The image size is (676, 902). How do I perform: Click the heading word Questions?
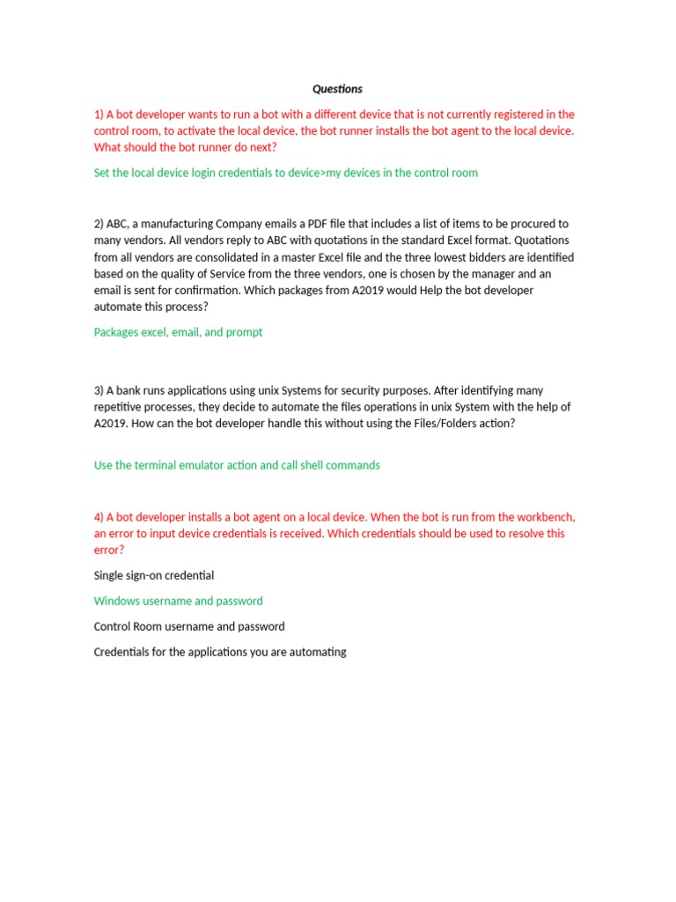point(338,89)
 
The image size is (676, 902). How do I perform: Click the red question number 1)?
point(99,115)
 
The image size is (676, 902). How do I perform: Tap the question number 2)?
point(99,224)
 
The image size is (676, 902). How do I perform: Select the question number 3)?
point(99,390)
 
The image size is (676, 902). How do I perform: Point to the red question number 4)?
point(99,517)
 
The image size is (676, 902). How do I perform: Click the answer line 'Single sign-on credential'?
point(154,575)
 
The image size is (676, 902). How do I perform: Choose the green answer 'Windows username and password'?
point(178,601)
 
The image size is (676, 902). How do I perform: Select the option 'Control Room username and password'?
point(189,626)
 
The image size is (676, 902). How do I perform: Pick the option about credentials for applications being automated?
point(220,652)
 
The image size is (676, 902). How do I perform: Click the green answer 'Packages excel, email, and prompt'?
point(178,332)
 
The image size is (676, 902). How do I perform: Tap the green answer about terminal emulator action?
point(237,465)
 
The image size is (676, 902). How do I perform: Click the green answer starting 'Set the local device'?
point(285,173)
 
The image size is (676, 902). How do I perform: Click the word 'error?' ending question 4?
point(109,551)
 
